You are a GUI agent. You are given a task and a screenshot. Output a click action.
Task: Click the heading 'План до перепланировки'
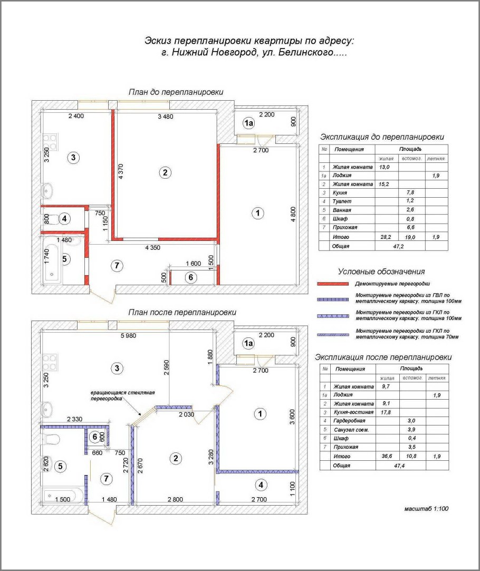pos(176,92)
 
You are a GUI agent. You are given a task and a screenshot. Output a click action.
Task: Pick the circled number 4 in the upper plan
pos(64,218)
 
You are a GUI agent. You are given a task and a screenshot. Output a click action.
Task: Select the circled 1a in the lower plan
pos(248,343)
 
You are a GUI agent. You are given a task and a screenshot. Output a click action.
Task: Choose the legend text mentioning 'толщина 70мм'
pos(406,334)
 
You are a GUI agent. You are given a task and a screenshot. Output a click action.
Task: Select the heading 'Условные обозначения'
pos(381,272)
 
